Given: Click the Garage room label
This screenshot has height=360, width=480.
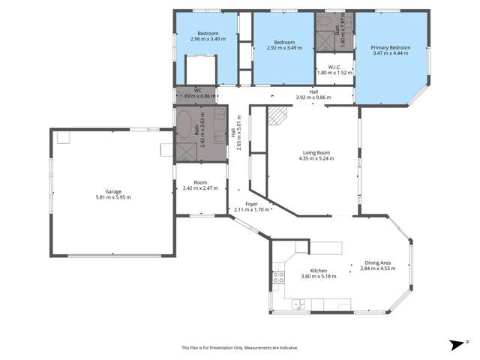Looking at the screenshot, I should (113, 191).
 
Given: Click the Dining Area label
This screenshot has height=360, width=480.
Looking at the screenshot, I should (376, 262).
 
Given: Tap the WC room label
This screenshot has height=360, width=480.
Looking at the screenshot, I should (198, 91).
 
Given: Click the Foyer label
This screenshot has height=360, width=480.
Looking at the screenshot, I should (251, 203).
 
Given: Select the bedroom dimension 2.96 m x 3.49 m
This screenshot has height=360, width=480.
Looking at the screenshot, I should (208, 39).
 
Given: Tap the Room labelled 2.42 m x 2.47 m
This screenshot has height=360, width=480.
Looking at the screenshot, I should (200, 185).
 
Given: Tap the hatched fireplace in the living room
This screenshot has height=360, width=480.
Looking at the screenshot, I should (279, 115).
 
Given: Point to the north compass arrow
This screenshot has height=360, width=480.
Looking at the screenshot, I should (455, 345).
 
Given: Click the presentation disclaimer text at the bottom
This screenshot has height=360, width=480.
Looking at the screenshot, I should (240, 347).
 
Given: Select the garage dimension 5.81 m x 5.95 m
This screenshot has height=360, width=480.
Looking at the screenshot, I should (113, 197).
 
